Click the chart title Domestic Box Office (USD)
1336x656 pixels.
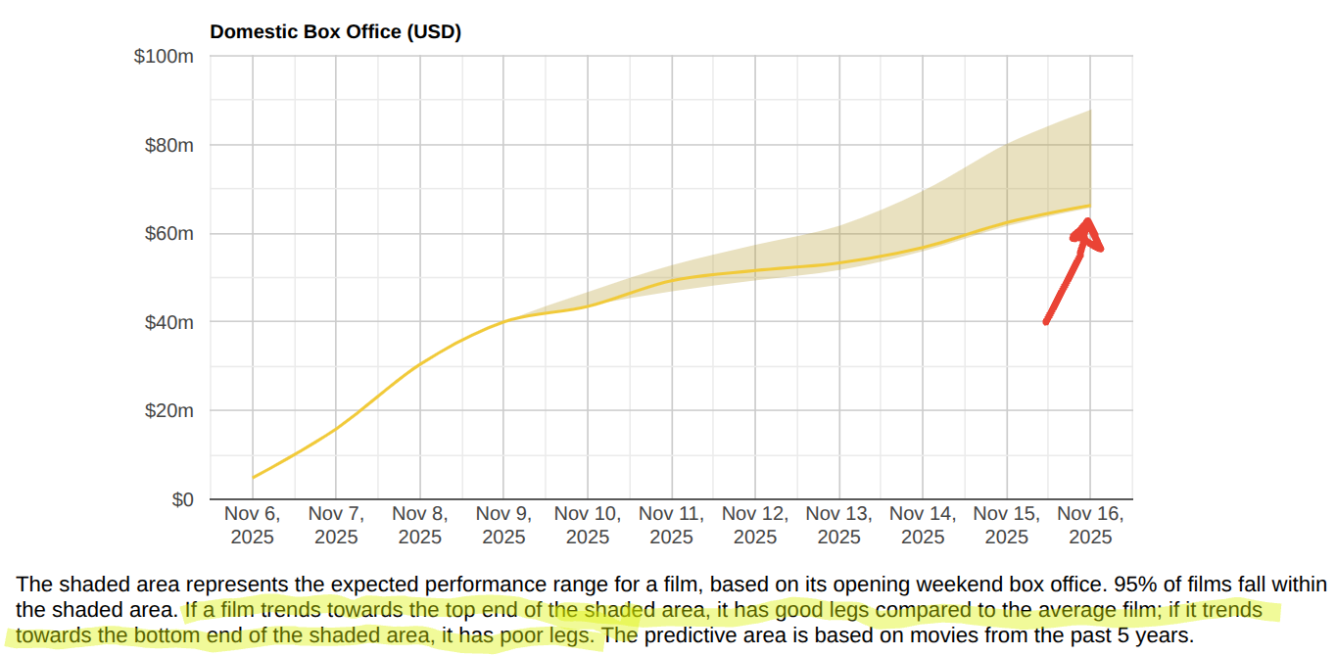click(x=335, y=31)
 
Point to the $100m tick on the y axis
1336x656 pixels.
click(x=164, y=57)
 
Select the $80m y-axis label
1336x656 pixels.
click(x=168, y=145)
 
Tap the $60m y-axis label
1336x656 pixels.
click(x=168, y=234)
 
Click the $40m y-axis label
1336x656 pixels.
click(x=168, y=322)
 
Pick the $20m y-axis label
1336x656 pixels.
click(x=168, y=411)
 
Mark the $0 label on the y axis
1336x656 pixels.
click(x=181, y=499)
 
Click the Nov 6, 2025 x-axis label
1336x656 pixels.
click(x=253, y=525)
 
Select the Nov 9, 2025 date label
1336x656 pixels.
click(x=503, y=525)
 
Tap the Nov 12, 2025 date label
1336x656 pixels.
click(x=755, y=525)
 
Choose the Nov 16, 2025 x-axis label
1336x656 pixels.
click(x=1090, y=525)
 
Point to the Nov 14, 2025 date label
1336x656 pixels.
click(x=923, y=525)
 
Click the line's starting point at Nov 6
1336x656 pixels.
click(x=254, y=478)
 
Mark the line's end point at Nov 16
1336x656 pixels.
click(x=1090, y=205)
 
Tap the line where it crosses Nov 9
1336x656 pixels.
click(x=504, y=321)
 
